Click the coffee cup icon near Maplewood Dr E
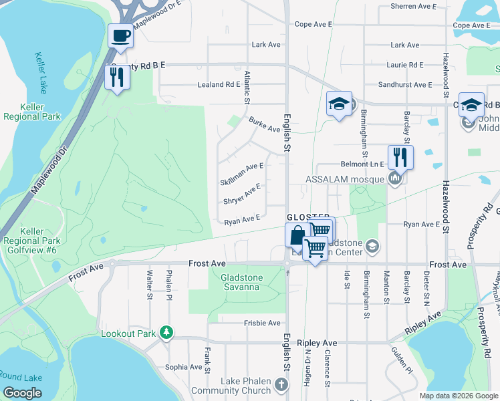(121, 35)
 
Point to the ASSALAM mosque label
(345, 179)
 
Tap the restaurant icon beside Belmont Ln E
(400, 157)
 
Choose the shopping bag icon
(297, 235)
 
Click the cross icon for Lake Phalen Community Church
(281, 384)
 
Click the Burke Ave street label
(264, 124)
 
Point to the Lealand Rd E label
(219, 85)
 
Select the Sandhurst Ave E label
(405, 85)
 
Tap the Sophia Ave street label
(183, 367)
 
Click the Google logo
(23, 393)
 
